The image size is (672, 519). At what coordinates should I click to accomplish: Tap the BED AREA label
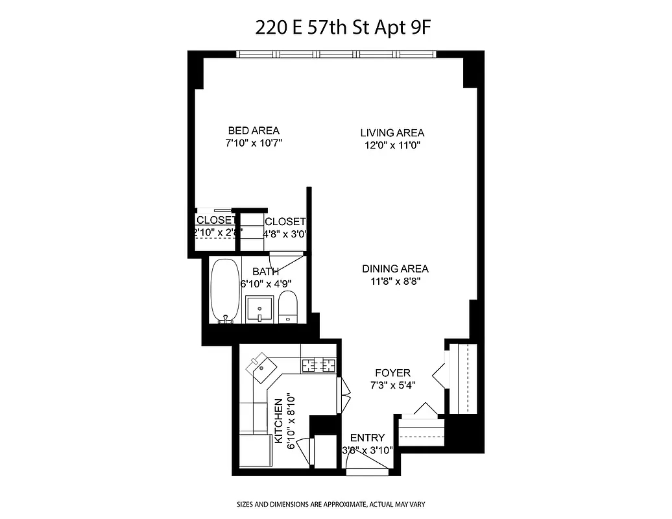pyautogui.click(x=254, y=130)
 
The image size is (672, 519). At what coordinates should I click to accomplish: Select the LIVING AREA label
pyautogui.click(x=392, y=133)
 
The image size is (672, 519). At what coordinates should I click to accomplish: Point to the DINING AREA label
pyautogui.click(x=395, y=269)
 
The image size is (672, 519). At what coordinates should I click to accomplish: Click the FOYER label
pyautogui.click(x=392, y=373)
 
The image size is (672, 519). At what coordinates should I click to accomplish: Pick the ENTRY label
pyautogui.click(x=367, y=438)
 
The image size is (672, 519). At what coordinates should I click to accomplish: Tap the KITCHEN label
pyautogui.click(x=279, y=421)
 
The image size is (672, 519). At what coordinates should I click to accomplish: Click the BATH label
pyautogui.click(x=265, y=272)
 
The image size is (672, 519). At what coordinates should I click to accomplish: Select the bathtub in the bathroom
pyautogui.click(x=225, y=291)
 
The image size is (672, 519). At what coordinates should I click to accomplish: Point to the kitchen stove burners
pyautogui.click(x=319, y=366)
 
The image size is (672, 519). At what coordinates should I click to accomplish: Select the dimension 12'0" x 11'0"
pyautogui.click(x=392, y=145)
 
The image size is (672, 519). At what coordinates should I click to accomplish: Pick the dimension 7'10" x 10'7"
pyautogui.click(x=254, y=143)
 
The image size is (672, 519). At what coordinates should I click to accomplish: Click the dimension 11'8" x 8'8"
pyautogui.click(x=395, y=281)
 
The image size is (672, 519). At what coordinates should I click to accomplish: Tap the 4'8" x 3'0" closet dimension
pyautogui.click(x=284, y=234)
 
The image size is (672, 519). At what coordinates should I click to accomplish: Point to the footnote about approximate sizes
pyautogui.click(x=335, y=504)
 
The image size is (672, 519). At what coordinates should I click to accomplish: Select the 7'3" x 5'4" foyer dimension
pyautogui.click(x=392, y=385)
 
